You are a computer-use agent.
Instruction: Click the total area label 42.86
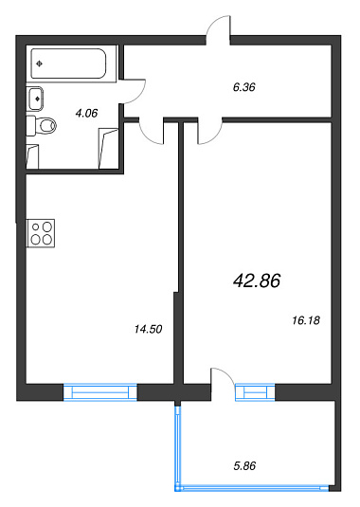[257, 281]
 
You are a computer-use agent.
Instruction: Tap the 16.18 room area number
[306, 320]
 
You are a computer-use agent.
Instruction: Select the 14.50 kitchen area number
[148, 329]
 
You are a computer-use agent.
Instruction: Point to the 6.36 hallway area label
[244, 87]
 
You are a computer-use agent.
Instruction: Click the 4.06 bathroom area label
[86, 113]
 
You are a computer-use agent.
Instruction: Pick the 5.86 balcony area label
[244, 465]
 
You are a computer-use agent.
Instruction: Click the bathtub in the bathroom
[68, 63]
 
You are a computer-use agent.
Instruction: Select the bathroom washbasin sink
[35, 99]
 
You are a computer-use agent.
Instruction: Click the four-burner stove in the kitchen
[41, 233]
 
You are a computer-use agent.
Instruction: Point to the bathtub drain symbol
[40, 63]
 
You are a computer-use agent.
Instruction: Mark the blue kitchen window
[100, 392]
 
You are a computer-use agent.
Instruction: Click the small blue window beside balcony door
[255, 392]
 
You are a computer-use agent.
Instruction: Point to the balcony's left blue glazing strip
[177, 448]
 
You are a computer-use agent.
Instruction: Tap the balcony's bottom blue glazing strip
[252, 488]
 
